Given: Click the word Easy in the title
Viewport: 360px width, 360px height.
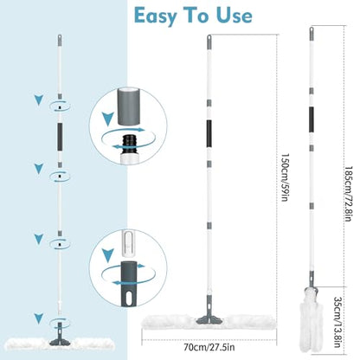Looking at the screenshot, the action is [x=156, y=16].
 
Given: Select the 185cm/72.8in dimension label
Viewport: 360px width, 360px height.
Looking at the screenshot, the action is [x=348, y=194].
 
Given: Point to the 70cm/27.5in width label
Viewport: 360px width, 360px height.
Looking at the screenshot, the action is [x=209, y=347].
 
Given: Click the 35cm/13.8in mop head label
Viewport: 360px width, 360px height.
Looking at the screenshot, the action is [x=337, y=322].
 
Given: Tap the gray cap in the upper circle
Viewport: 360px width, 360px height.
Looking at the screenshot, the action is [x=128, y=106].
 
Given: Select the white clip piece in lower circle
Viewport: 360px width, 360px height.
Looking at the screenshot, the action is [x=129, y=244].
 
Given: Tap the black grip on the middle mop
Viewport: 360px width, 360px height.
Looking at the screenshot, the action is [x=209, y=132].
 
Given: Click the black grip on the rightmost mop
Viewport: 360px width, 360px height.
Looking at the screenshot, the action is [x=312, y=119].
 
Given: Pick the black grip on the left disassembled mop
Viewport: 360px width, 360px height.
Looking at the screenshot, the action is [x=60, y=137].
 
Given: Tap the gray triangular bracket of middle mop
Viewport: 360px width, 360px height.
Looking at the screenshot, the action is [x=209, y=313].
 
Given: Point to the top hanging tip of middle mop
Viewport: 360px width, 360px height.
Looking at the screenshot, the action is [x=209, y=36].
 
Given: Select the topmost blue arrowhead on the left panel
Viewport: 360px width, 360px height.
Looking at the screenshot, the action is [x=39, y=100].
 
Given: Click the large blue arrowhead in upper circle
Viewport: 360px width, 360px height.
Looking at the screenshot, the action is [x=107, y=119].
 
